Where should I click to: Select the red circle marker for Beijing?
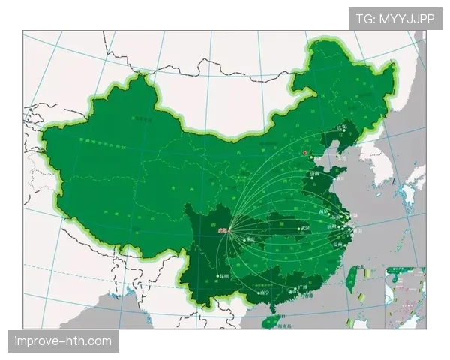[304, 153]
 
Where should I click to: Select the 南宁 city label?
[263, 292]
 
